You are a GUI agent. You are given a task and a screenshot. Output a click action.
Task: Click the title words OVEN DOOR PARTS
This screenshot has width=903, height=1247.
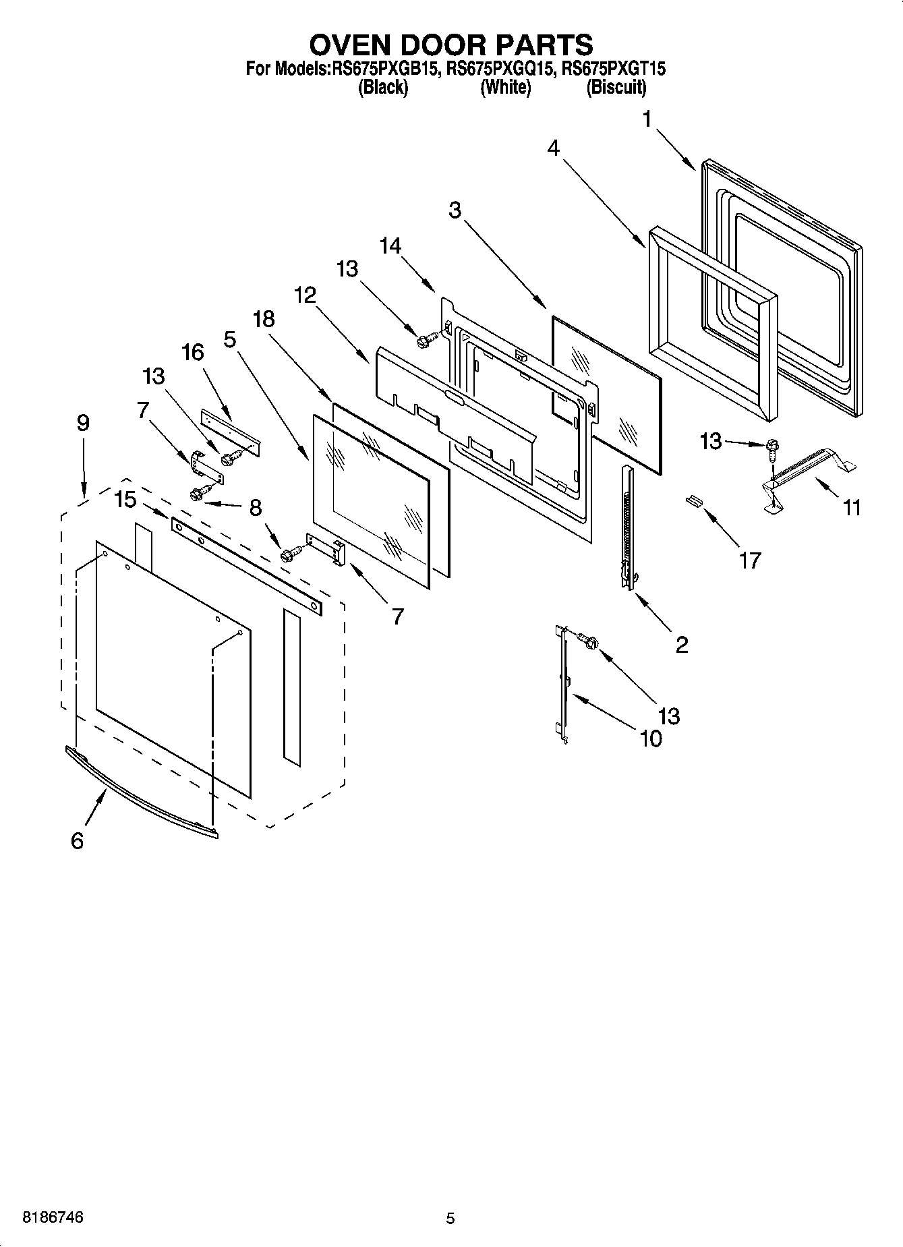(x=451, y=45)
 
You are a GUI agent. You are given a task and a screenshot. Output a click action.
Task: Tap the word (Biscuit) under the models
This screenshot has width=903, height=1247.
(x=616, y=87)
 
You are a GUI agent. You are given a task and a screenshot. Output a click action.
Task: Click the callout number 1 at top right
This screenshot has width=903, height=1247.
(x=647, y=120)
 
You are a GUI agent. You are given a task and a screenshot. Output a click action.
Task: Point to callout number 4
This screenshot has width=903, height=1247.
(x=554, y=148)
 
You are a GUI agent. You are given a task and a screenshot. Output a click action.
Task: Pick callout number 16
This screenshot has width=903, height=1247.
(x=193, y=352)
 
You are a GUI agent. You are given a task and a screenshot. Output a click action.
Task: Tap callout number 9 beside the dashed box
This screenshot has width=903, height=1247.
(x=83, y=423)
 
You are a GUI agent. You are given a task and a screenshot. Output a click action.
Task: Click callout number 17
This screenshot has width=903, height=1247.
(x=750, y=559)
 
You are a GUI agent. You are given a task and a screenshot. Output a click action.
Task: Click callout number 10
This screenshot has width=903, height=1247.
(x=650, y=738)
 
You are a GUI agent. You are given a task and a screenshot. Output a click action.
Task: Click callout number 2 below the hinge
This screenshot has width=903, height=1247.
(x=682, y=645)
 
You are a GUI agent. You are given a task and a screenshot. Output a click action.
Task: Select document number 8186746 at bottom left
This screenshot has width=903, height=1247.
(x=53, y=1218)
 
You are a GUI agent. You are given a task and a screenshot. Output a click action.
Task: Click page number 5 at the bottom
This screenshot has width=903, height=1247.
(x=450, y=1219)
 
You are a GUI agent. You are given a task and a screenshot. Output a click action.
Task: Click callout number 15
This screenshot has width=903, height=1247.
(x=125, y=500)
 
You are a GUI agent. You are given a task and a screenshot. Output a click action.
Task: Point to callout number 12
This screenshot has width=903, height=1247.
(x=305, y=295)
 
